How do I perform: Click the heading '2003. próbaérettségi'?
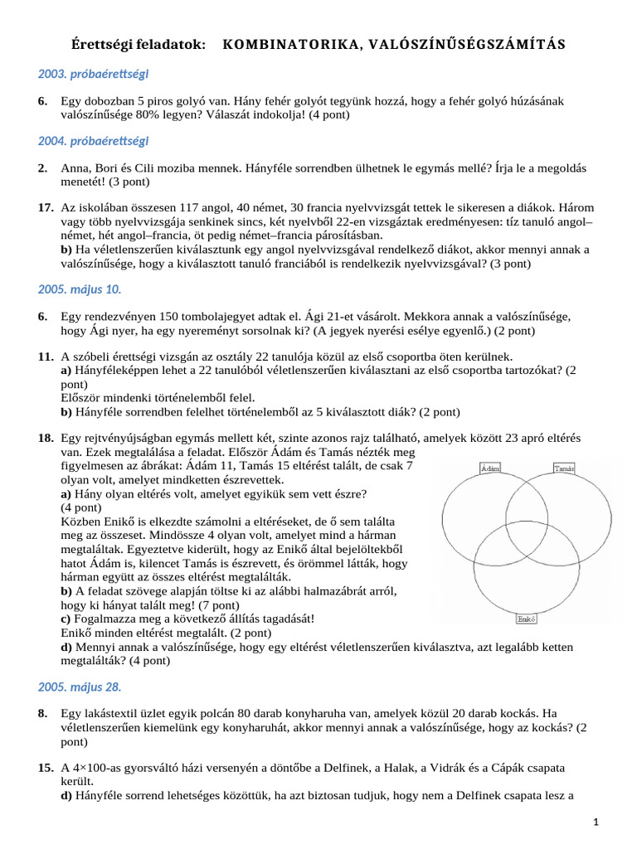point(93,74)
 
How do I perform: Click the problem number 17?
point(46,207)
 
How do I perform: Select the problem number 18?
point(46,437)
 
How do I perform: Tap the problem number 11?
point(46,357)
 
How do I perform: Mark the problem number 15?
point(46,769)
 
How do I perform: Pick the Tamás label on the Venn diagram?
point(564,469)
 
